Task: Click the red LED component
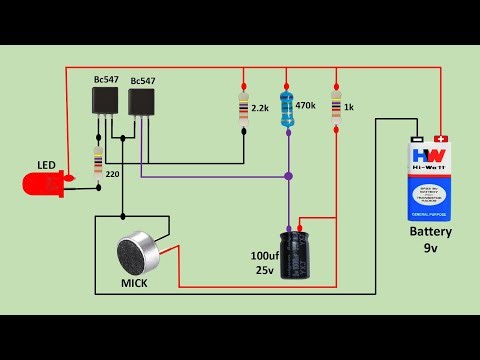(x=43, y=183)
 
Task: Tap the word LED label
(x=47, y=164)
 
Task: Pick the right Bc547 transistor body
(x=141, y=101)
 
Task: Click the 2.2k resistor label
(x=260, y=107)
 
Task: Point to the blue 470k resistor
(x=288, y=105)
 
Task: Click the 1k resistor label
(x=349, y=106)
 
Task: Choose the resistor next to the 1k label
(x=335, y=105)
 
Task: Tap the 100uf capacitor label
(x=264, y=256)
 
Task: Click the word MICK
(x=135, y=285)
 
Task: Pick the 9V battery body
(x=429, y=180)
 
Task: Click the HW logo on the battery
(x=428, y=156)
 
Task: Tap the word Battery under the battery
(x=430, y=232)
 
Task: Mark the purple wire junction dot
(x=288, y=176)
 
